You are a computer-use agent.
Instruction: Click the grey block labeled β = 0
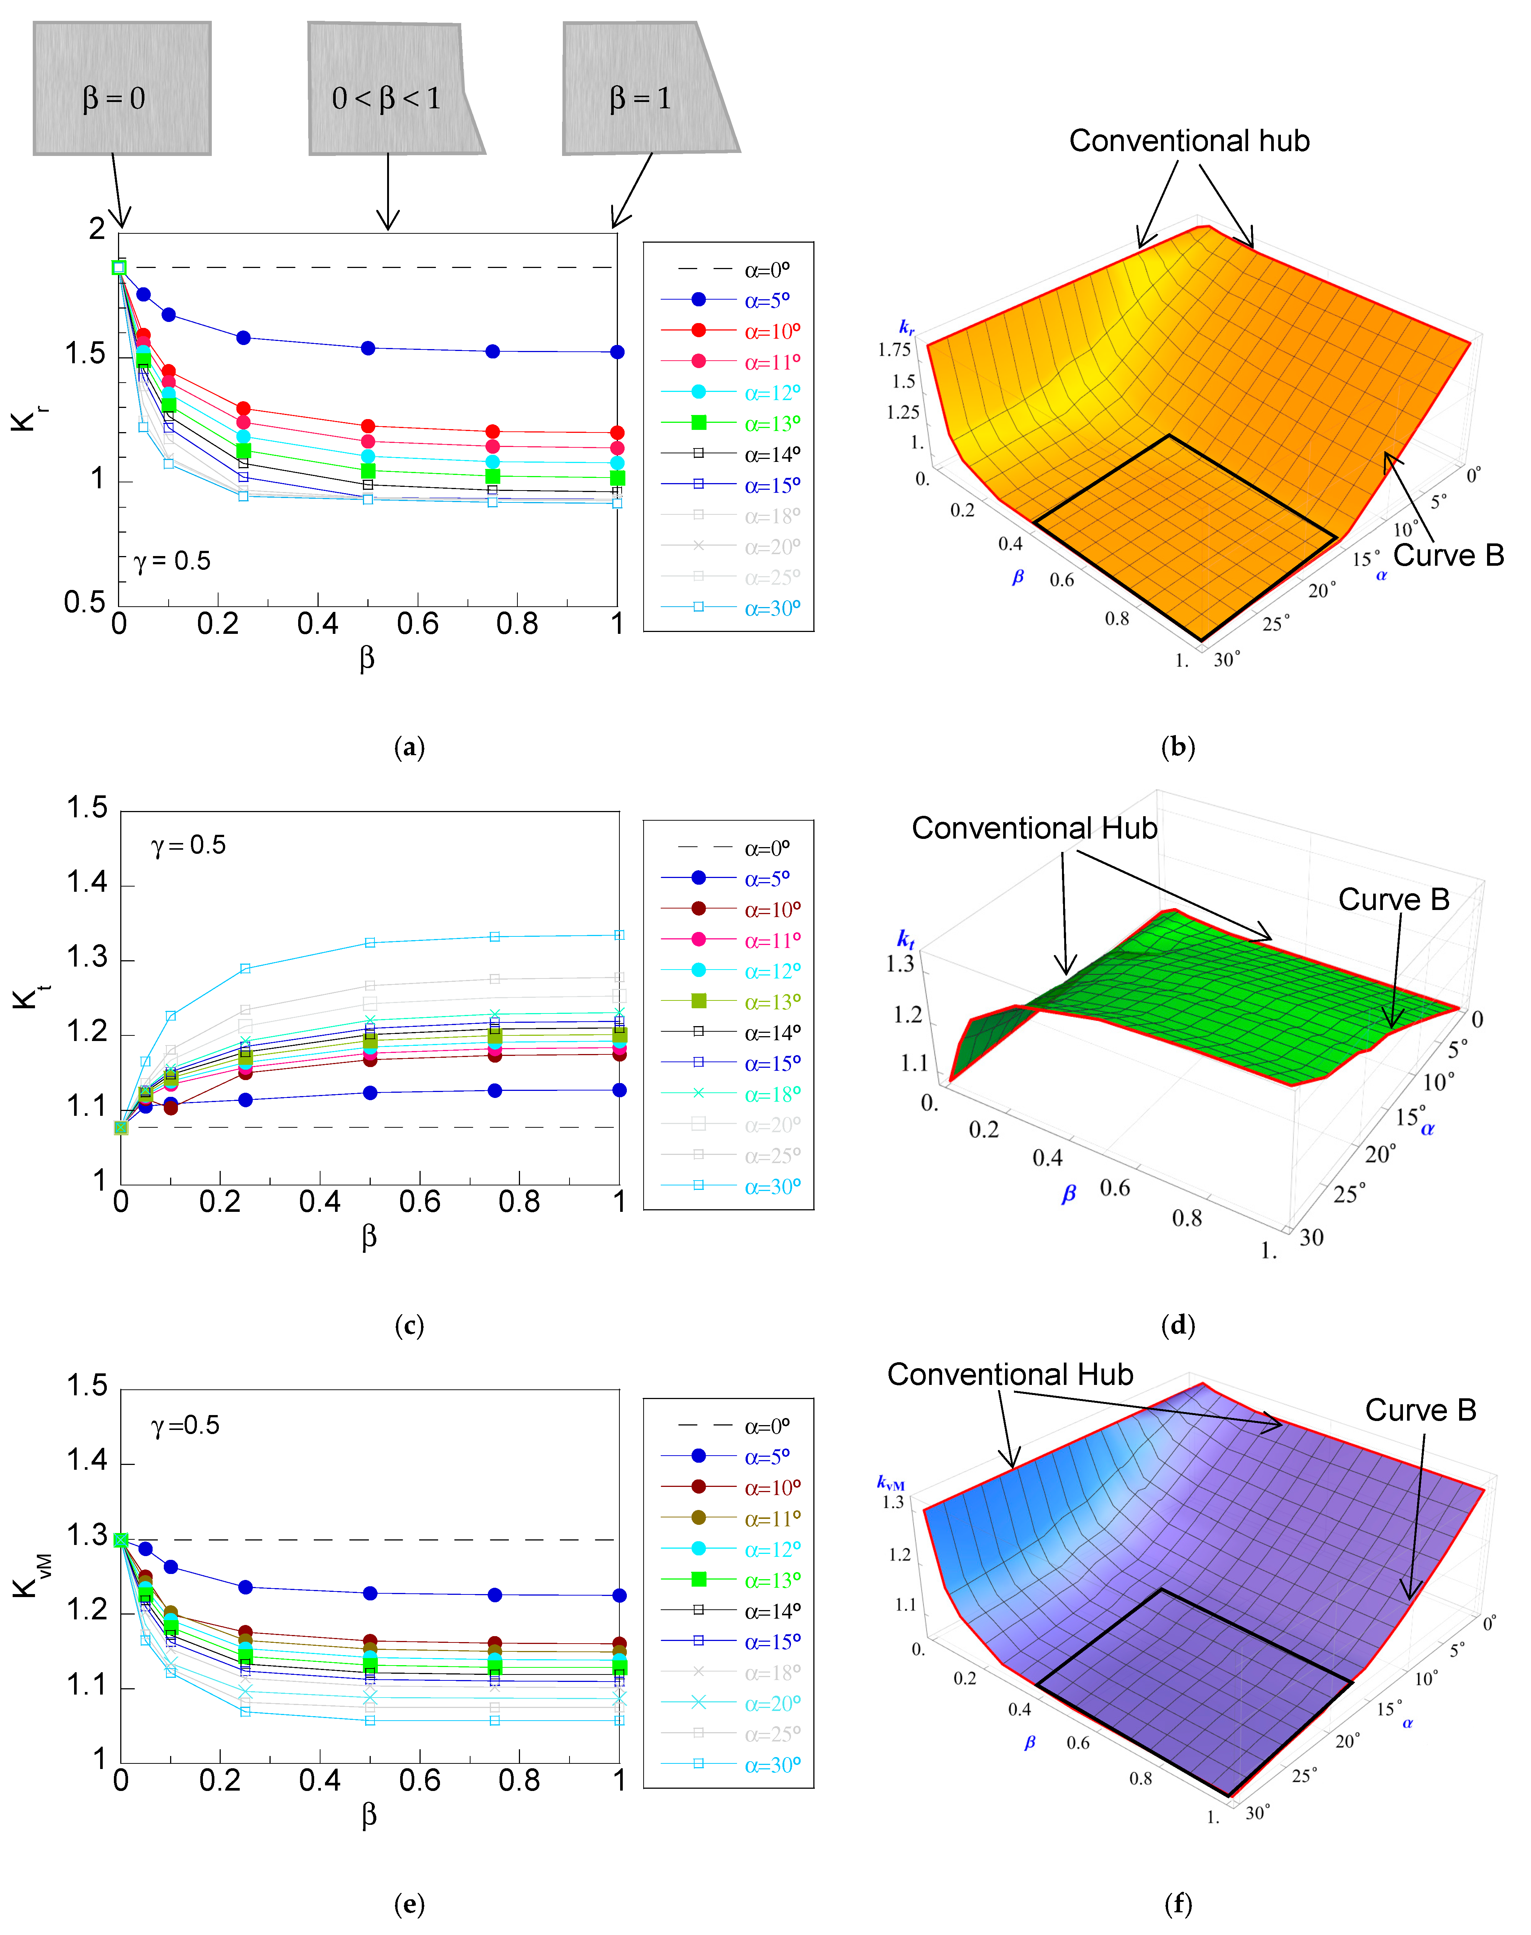(x=122, y=89)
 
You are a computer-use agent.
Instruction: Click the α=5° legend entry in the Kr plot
(x=766, y=300)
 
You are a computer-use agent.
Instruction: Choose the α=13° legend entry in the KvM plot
(x=771, y=1579)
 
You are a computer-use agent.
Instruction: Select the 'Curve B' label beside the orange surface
(x=1448, y=556)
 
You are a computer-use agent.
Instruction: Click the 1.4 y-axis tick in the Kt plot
(x=87, y=884)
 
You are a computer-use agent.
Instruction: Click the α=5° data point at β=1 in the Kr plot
(x=617, y=352)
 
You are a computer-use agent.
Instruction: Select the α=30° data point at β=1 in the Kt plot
(x=619, y=935)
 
